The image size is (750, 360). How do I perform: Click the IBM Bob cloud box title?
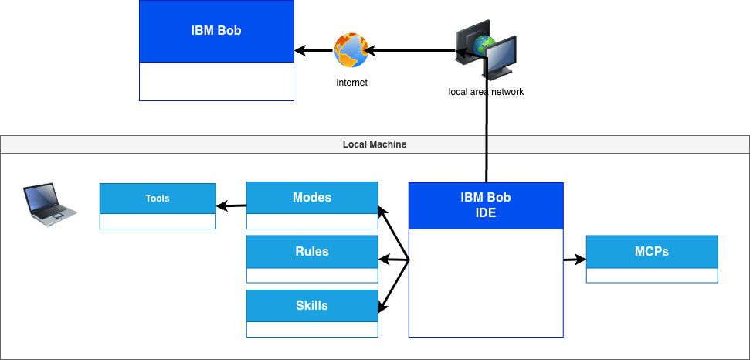[216, 31]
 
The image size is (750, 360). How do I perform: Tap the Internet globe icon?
[351, 50]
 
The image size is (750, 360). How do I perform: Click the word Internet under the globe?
[351, 83]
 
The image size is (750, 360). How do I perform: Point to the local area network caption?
[486, 92]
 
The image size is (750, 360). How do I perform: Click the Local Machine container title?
[375, 144]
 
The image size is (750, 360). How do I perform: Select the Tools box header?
[158, 199]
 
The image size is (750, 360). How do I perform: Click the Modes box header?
[312, 198]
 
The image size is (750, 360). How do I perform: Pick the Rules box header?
[312, 252]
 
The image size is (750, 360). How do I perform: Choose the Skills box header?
[312, 306]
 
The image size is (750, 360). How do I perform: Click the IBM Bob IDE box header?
[486, 205]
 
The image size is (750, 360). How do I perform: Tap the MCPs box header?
[652, 252]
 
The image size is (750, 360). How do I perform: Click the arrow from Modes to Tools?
[232, 205]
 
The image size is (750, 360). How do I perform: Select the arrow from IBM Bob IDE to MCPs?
[575, 260]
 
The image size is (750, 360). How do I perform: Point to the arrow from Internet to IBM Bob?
[314, 51]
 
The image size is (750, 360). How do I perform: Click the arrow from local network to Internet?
[409, 51]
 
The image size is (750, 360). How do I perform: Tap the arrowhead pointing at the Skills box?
[382, 309]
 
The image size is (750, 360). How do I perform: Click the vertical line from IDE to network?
[487, 139]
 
